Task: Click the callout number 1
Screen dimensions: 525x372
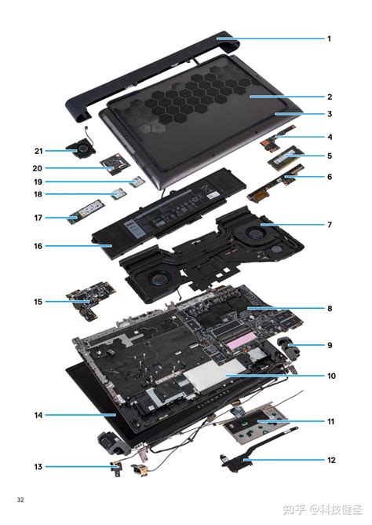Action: coord(330,39)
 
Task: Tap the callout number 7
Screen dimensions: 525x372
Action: coord(330,225)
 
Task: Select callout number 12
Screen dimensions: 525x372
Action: coord(330,460)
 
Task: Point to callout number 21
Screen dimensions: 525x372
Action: coord(38,151)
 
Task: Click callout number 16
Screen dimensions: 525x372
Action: coord(38,246)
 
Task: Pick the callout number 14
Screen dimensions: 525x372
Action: coord(38,414)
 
